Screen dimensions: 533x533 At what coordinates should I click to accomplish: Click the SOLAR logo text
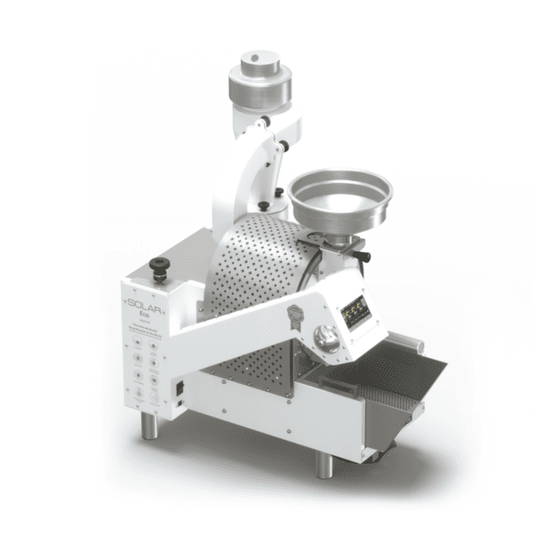[140, 303]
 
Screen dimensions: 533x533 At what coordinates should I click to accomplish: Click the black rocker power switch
[181, 388]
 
